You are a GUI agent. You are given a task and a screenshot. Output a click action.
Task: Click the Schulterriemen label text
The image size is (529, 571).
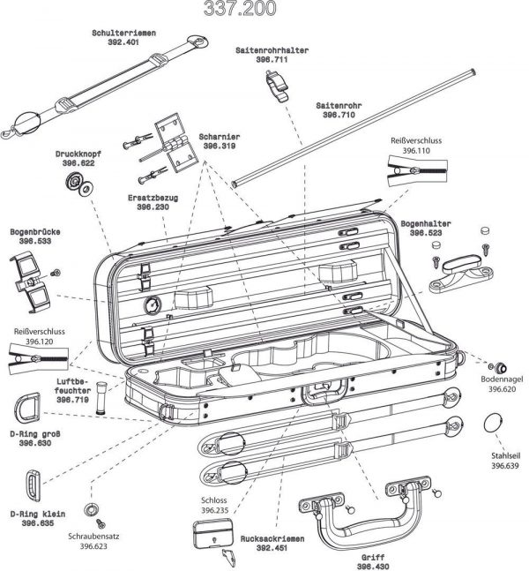pos(124,33)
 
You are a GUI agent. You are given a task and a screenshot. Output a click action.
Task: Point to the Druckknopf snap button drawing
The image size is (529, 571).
pos(78,184)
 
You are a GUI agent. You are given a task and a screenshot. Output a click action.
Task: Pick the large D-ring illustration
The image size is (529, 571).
pos(28,407)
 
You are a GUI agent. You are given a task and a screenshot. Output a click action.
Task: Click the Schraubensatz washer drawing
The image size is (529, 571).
pos(89,510)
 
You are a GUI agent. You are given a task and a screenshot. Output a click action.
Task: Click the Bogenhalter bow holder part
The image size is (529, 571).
pos(460,270)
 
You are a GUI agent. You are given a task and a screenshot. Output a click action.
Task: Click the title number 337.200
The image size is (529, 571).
pos(240,9)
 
